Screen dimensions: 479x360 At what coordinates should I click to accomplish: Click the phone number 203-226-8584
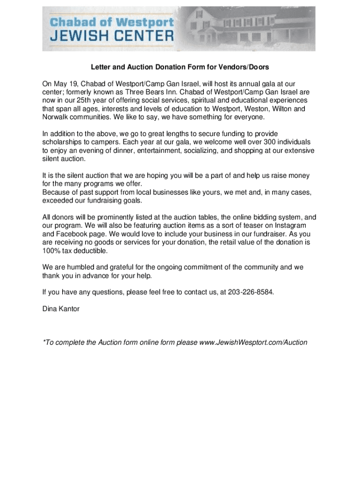(x=250, y=292)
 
